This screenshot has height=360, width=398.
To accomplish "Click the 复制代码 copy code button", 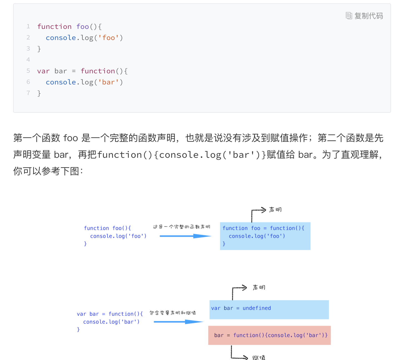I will click(x=365, y=16).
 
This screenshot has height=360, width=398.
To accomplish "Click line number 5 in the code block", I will click(x=28, y=71).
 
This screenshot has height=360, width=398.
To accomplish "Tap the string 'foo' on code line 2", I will click(x=109, y=38).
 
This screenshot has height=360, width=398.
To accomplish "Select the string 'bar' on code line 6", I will click(x=108, y=82).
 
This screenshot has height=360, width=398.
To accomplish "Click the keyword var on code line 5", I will click(x=43, y=71).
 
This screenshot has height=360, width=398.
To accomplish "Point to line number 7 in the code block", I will click(x=28, y=93).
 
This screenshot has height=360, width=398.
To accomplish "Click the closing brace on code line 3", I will click(x=39, y=49).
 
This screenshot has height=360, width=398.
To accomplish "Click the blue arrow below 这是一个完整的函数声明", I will click(x=185, y=236).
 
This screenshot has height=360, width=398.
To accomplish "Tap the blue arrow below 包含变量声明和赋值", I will click(x=178, y=322).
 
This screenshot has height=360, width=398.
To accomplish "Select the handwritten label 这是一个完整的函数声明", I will click(x=181, y=227).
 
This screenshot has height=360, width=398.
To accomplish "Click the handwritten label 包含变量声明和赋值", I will click(x=173, y=313).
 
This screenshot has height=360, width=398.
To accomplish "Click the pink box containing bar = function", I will click(x=269, y=335).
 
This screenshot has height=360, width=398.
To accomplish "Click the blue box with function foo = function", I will click(x=265, y=236).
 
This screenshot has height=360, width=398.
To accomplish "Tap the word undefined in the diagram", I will click(x=257, y=308).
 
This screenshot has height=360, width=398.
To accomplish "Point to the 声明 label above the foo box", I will click(x=275, y=210).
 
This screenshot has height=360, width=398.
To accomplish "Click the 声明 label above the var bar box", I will click(x=259, y=287).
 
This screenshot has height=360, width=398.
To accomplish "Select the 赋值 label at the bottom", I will click(x=259, y=357).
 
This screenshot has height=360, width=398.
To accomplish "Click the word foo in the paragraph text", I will click(x=71, y=138).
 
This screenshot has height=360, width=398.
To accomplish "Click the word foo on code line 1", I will click(x=83, y=27).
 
